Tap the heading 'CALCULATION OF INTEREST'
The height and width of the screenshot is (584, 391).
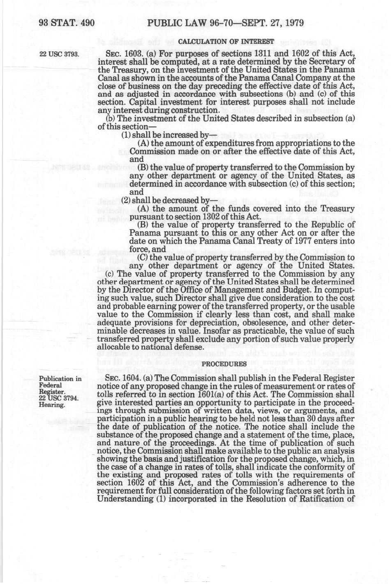(226, 41)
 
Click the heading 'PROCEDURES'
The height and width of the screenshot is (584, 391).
(226, 364)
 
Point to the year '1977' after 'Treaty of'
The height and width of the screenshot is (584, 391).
(311, 241)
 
